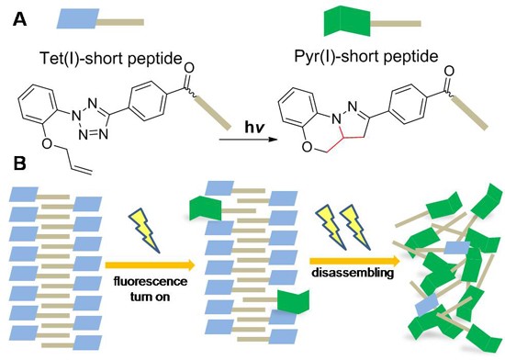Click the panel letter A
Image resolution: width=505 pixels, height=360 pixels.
tap(20, 20)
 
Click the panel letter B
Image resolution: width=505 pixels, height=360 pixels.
tap(19, 163)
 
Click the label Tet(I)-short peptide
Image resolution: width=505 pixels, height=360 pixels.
tap(111, 59)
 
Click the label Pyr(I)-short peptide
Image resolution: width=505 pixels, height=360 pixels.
tap(366, 57)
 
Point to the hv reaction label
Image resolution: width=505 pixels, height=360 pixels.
tap(254, 128)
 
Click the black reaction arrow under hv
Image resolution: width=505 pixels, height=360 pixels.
tap(248, 140)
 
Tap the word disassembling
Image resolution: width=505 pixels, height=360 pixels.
tap(353, 273)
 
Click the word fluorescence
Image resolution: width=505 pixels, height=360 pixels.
tap(150, 281)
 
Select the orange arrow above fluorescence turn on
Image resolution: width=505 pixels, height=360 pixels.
tap(151, 265)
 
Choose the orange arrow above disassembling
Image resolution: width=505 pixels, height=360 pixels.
tap(355, 261)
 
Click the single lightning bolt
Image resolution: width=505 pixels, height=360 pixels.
tap(144, 230)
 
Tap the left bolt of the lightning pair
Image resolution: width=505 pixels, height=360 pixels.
tap(330, 227)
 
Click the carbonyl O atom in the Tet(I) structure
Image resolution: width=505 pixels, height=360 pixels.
tap(189, 68)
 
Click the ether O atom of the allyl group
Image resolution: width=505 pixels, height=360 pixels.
tap(48, 144)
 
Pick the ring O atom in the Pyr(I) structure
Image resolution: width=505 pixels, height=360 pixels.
tap(307, 147)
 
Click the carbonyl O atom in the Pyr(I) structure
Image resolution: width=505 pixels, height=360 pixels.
tap(449, 71)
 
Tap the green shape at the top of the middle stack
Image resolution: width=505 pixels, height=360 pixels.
tap(206, 209)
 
